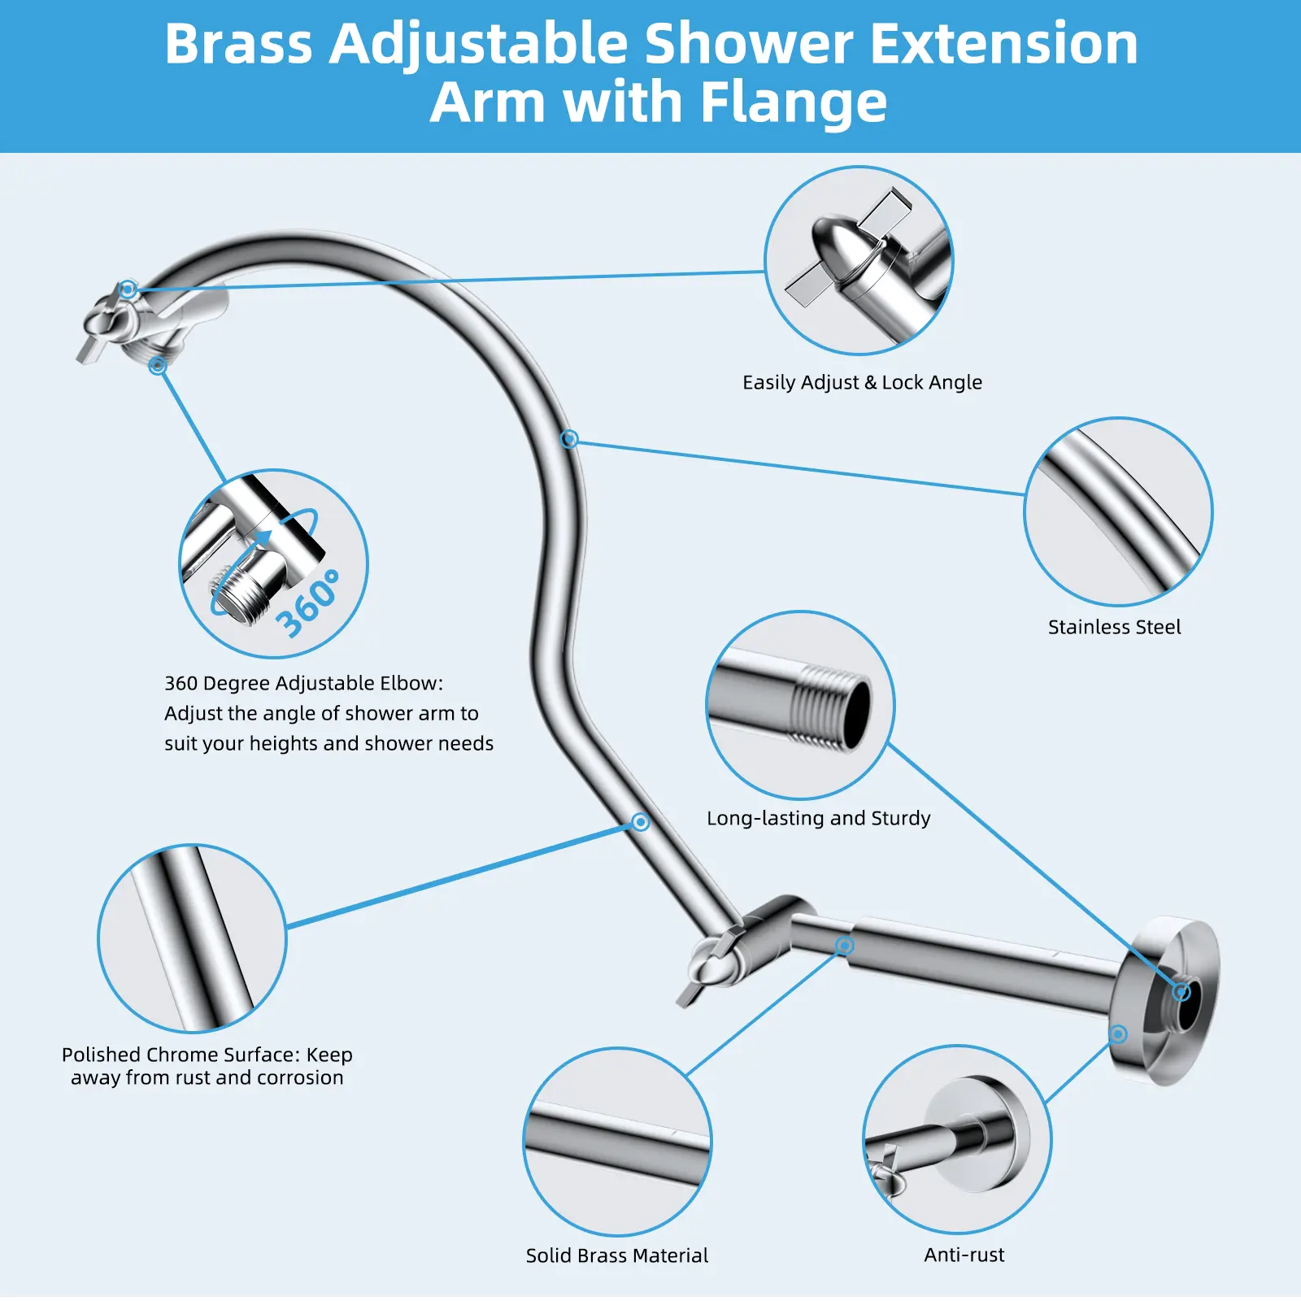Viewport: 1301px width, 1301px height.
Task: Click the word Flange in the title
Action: [x=793, y=103]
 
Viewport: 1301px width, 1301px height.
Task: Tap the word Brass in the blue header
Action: [x=238, y=44]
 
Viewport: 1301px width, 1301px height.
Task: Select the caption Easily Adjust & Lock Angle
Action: [x=862, y=383]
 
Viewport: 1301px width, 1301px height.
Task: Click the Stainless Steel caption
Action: [x=1114, y=627]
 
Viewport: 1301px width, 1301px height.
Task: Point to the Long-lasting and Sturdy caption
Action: [x=818, y=818]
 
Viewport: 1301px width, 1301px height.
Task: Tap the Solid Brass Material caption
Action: [x=617, y=1255]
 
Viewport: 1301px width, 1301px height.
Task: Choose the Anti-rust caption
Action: [x=964, y=1255]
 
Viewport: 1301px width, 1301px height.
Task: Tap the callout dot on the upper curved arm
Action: [x=569, y=439]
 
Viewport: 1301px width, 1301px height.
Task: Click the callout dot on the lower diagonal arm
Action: [x=641, y=822]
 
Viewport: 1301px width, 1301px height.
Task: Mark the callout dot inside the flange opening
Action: [x=1182, y=991]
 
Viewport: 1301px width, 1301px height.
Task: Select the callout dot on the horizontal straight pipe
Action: [x=845, y=945]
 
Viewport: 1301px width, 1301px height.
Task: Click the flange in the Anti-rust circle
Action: [x=980, y=1133]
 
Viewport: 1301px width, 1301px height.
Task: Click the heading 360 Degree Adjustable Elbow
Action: [x=303, y=683]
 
